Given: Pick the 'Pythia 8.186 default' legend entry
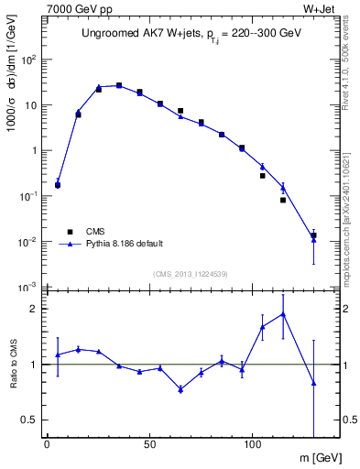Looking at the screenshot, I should [x=123, y=245].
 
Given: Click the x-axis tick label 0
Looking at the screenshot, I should [x=47, y=445].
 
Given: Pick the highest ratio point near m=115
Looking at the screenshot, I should [x=283, y=314].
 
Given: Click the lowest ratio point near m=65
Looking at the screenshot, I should [x=180, y=389].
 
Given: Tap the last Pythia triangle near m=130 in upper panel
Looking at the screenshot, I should [x=313, y=240].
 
